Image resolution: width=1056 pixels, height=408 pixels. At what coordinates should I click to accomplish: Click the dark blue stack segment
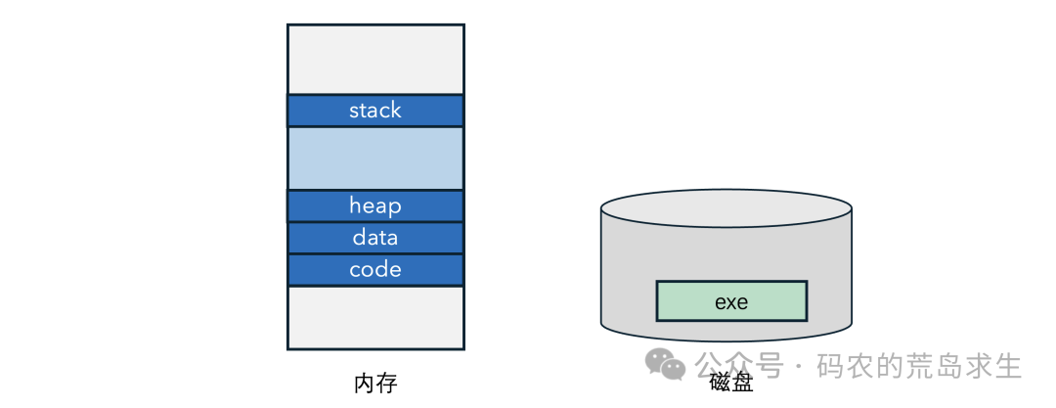tap(375, 111)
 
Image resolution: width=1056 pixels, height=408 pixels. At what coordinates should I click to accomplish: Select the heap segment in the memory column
tap(375, 205)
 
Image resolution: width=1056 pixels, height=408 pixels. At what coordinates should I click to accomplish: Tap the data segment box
tap(375, 238)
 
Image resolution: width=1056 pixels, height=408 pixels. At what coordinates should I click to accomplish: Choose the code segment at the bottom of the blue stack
tap(375, 270)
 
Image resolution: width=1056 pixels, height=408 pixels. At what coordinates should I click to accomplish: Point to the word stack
tap(375, 110)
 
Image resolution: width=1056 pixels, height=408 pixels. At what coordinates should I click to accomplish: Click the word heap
tap(375, 205)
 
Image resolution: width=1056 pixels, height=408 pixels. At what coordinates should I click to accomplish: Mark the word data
tap(375, 238)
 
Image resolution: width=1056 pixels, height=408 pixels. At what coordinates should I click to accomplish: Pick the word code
tap(375, 270)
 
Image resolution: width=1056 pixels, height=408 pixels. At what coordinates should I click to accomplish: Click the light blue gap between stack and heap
tap(375, 159)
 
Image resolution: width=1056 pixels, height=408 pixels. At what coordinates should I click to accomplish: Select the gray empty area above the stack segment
tap(375, 60)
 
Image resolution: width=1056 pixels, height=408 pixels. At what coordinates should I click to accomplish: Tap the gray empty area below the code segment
tap(375, 317)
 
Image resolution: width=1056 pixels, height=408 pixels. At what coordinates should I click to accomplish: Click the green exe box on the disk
tap(731, 300)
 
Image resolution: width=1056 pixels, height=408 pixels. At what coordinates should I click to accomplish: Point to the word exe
tap(731, 302)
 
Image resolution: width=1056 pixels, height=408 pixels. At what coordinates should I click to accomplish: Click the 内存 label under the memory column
tap(375, 384)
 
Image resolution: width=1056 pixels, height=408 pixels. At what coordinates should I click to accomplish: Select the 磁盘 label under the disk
tap(731, 384)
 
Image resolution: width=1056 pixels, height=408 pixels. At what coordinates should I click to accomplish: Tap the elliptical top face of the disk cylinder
tap(726, 209)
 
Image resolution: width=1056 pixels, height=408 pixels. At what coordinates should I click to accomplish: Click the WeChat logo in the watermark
tap(666, 365)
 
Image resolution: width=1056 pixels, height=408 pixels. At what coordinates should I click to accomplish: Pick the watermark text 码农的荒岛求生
tap(920, 366)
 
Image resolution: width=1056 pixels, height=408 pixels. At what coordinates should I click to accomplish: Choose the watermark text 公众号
tap(739, 366)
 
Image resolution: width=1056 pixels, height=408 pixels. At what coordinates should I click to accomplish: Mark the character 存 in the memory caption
tap(387, 384)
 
